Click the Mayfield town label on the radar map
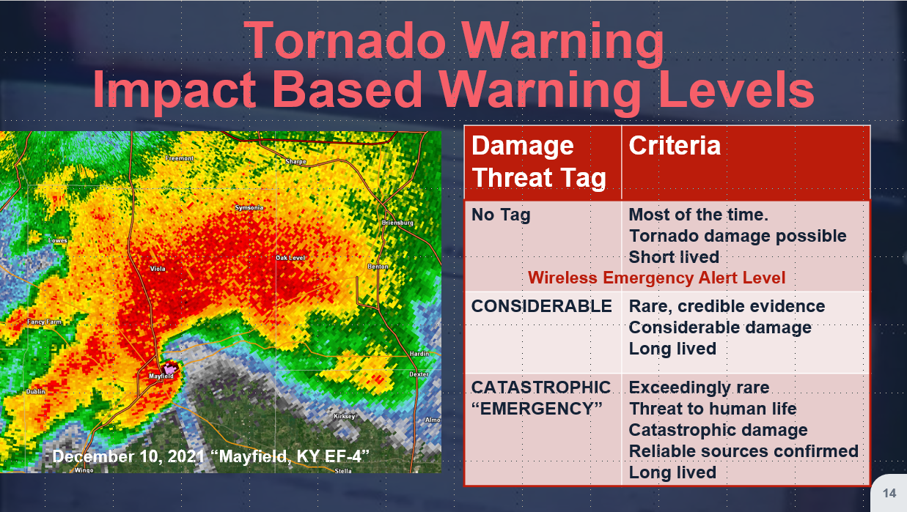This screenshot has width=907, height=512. click(161, 376)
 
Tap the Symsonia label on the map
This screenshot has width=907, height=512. click(249, 207)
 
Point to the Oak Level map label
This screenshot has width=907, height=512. click(290, 258)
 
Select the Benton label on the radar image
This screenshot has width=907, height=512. click(378, 267)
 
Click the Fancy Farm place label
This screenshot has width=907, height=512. click(45, 322)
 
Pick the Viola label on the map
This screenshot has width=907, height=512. click(158, 269)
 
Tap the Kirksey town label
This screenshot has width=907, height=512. click(344, 416)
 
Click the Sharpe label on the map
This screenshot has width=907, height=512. click(295, 161)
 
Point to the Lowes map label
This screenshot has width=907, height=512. click(57, 240)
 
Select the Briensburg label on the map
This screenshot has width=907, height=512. click(397, 223)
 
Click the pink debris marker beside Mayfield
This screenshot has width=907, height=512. click(170, 368)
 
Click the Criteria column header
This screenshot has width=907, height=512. click(675, 145)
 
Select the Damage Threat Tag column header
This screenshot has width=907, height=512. click(538, 161)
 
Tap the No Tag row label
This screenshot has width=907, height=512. click(501, 215)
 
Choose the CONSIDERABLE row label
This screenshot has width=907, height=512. click(541, 306)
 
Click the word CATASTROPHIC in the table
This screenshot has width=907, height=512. click(541, 387)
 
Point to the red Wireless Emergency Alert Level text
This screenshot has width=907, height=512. click(656, 278)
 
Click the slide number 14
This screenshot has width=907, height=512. click(889, 494)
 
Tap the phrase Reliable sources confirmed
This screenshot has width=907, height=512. click(743, 451)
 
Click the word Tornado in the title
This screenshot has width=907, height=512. click(345, 40)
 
